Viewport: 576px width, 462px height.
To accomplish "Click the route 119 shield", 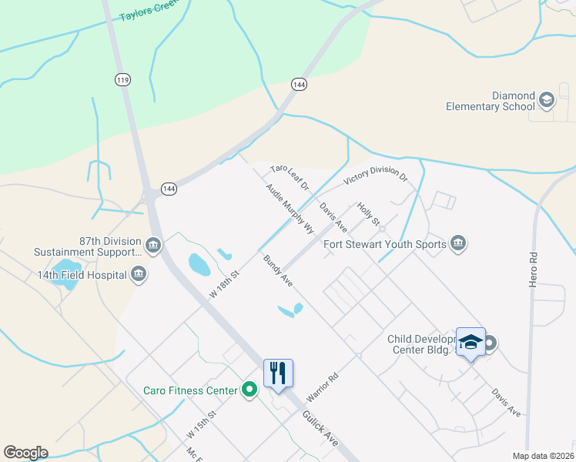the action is coord(122,79).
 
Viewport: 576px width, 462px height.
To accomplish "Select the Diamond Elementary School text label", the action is coord(491,101).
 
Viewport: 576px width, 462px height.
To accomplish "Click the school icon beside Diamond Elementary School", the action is coord(546,99).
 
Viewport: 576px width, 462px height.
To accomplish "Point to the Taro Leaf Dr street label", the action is coord(290,177).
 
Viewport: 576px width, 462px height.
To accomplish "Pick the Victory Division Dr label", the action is coord(375,177).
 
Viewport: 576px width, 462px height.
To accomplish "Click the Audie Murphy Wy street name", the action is coord(290,208).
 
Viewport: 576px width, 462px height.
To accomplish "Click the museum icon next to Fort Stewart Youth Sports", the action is coord(458,244).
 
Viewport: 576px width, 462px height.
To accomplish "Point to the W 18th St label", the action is coord(226,283).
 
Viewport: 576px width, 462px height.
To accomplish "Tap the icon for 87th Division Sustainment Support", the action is coord(153,245).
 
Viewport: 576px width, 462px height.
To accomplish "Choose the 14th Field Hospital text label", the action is coord(82,274).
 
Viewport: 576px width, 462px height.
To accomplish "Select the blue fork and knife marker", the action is coord(278,373).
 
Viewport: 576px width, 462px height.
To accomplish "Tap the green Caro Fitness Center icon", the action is coord(249,390).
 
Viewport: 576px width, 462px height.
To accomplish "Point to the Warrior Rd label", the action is coord(323,387).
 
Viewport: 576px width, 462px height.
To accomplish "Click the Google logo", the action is coord(25,453).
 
